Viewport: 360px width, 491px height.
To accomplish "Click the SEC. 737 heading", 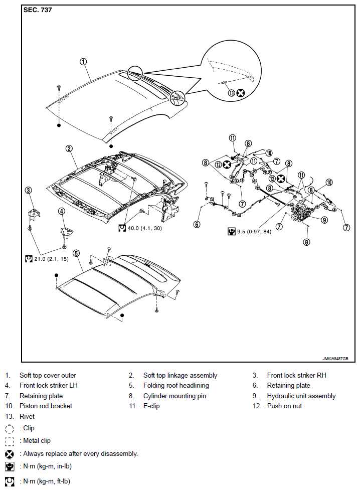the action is [x=38, y=10].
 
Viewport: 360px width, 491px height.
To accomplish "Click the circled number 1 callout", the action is [x=83, y=62].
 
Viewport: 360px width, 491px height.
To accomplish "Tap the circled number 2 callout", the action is [x=69, y=148].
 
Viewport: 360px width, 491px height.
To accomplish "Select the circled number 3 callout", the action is [x=29, y=190].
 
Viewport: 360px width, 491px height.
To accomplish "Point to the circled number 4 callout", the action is [x=62, y=211].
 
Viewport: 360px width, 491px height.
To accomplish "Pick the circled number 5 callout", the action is [x=76, y=253].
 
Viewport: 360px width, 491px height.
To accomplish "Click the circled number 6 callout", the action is [x=197, y=224].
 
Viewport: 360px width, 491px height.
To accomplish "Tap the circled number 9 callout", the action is [x=324, y=220].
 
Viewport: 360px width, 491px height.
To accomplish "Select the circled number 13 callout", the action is [x=231, y=93].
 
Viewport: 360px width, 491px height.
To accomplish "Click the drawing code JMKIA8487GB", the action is [x=335, y=359].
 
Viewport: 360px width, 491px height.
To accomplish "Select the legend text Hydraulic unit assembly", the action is [x=301, y=396].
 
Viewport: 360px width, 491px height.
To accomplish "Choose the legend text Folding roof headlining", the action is [x=176, y=386].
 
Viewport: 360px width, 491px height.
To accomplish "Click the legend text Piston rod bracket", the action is [x=46, y=406].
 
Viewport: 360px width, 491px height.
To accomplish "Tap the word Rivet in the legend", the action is [x=27, y=416].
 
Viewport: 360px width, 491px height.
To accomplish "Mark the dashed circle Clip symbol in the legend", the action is [x=10, y=428].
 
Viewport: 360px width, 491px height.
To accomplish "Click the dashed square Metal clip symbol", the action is [x=10, y=441].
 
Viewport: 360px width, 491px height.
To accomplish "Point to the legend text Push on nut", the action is [x=284, y=406].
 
